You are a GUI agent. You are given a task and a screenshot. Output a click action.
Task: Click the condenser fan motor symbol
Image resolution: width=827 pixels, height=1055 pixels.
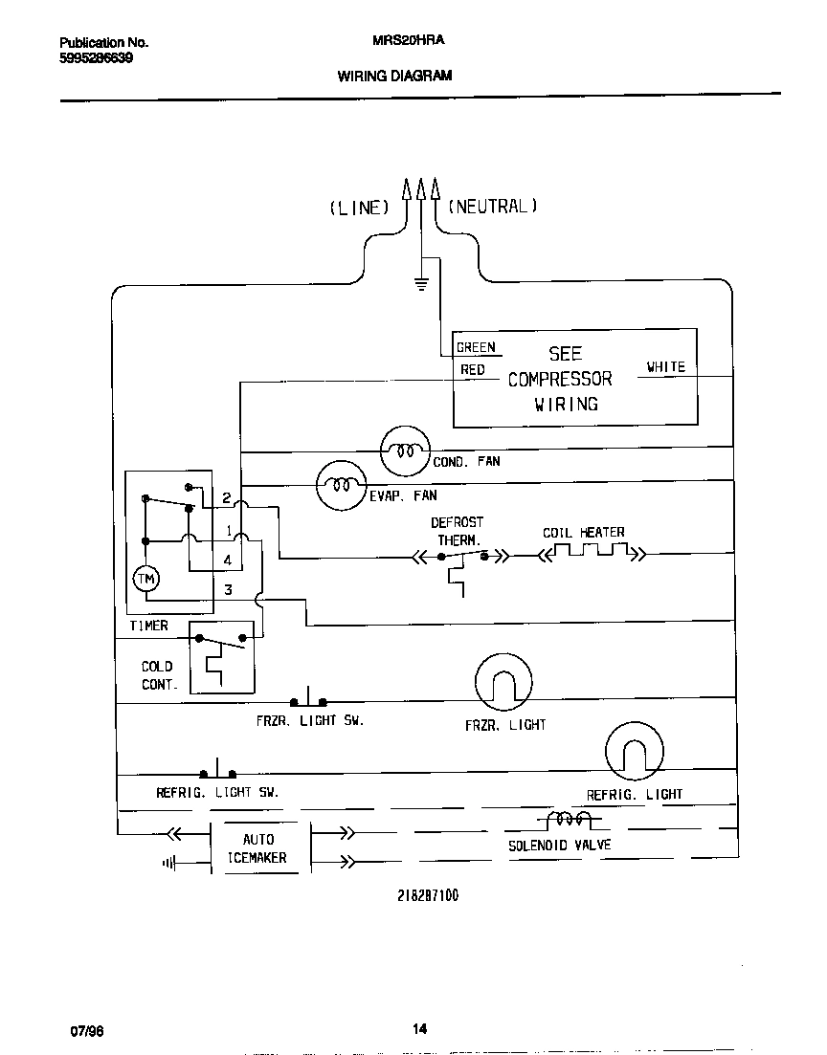click(x=406, y=451)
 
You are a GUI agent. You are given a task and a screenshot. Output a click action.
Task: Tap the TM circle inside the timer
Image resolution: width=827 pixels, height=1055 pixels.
click(x=145, y=579)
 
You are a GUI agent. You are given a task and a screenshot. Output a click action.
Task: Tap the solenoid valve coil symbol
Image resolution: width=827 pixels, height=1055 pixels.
click(x=569, y=820)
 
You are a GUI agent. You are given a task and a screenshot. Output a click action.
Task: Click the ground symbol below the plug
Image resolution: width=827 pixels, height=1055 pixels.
click(x=420, y=281)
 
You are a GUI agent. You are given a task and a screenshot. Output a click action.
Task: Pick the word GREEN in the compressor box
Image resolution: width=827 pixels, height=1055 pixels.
click(x=476, y=348)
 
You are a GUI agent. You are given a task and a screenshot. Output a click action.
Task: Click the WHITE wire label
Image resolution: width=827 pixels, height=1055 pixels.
click(x=665, y=367)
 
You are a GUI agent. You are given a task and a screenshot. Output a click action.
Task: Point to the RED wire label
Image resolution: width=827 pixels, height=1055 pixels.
click(x=473, y=370)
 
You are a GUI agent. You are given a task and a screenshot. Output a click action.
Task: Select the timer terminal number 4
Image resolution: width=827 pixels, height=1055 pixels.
click(x=227, y=560)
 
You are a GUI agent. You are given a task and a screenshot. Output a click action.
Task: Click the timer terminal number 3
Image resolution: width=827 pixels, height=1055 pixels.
click(x=227, y=590)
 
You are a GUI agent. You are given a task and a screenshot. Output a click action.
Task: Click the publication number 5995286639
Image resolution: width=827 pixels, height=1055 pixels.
click(x=96, y=58)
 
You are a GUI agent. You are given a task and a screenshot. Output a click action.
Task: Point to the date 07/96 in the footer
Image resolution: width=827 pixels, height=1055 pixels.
click(x=85, y=1030)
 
